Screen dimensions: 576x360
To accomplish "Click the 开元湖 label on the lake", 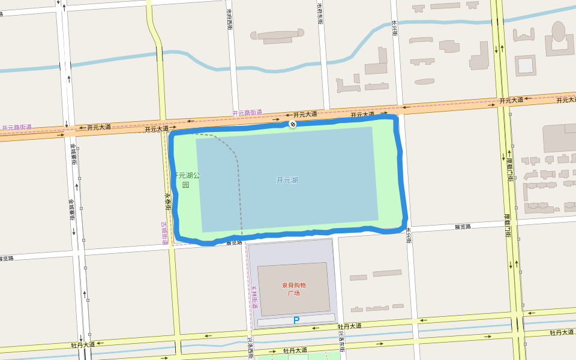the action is coord(287,180).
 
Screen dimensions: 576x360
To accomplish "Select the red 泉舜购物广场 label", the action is coord(293,289).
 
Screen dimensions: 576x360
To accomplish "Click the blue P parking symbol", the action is coord(296,320).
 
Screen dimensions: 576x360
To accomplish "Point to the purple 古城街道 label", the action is coord(164,233).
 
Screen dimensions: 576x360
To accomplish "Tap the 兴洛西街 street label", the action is coord(250,347).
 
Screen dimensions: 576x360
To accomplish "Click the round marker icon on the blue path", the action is coord(293,124).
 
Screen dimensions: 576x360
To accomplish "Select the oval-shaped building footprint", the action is coord(559,31).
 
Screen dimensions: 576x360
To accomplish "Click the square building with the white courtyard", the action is coord(525,65).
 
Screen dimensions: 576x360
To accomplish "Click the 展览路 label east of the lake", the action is coord(463,227).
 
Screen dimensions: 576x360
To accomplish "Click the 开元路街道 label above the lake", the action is coord(247,112).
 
